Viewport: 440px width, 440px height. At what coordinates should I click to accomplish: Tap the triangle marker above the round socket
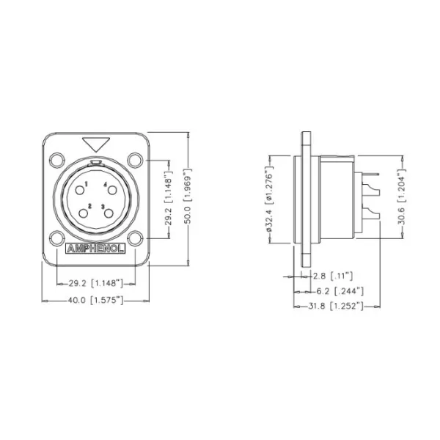click(x=95, y=143)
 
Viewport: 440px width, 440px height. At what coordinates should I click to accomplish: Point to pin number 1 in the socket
click(x=87, y=183)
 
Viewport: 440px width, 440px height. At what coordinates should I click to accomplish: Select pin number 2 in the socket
click(x=89, y=206)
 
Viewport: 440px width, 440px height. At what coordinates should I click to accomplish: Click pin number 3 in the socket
click(x=103, y=206)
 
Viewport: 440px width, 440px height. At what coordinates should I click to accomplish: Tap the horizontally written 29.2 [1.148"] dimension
click(x=95, y=282)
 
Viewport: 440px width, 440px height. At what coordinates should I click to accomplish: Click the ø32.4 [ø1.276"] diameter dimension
click(x=270, y=199)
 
